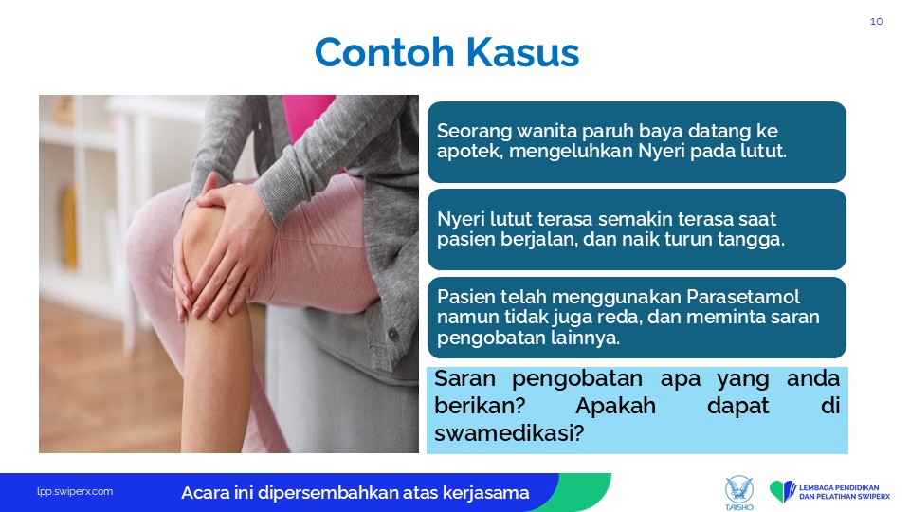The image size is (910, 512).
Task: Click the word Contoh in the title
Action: [x=384, y=52]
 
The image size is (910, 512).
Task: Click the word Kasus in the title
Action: [x=522, y=52]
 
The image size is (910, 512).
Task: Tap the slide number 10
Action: [x=876, y=22]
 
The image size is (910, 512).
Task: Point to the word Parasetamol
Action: [x=743, y=297]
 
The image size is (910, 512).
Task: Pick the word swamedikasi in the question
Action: [x=508, y=433]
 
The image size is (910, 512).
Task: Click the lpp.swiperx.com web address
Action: [x=75, y=492]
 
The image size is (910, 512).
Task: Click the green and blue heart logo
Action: [x=783, y=491]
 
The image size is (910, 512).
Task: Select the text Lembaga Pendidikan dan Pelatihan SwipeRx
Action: [x=845, y=492]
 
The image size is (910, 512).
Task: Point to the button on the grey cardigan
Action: [x=392, y=335]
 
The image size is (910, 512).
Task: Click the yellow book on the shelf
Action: [x=69, y=228]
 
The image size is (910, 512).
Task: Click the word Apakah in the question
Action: [x=615, y=406]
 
